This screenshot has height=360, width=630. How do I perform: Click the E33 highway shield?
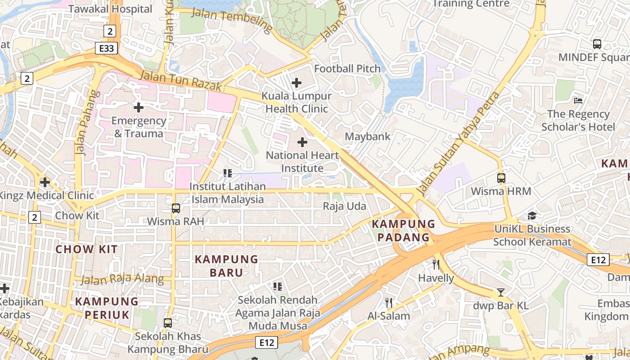[x=107, y=48]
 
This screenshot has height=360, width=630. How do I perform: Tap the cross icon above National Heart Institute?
[x=302, y=143]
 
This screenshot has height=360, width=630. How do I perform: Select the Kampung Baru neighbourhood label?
[x=226, y=266]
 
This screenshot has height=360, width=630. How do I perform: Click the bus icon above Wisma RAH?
[x=176, y=208]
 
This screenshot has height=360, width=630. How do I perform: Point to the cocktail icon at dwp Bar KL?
[x=500, y=293]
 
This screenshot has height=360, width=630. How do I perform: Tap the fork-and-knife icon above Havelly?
[x=436, y=264]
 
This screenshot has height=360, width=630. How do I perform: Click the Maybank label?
[x=368, y=136]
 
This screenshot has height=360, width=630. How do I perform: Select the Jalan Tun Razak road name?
[x=180, y=81]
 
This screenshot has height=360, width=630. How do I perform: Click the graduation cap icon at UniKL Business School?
[x=532, y=216]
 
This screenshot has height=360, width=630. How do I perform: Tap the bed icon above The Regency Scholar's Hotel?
[x=578, y=100]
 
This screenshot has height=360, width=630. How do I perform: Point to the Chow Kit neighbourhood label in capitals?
[x=86, y=249]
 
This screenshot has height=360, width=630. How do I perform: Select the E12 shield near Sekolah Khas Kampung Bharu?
[x=266, y=342]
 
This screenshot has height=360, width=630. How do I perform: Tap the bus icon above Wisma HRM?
[x=501, y=178]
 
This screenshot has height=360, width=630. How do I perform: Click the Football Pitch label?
[x=347, y=69]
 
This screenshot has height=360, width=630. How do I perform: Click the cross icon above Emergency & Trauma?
[x=139, y=108]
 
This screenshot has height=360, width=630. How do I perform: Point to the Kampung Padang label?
[x=404, y=230]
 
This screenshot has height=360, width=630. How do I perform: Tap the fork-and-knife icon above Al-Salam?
[x=389, y=302]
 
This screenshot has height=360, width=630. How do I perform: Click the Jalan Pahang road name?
[x=86, y=122]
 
